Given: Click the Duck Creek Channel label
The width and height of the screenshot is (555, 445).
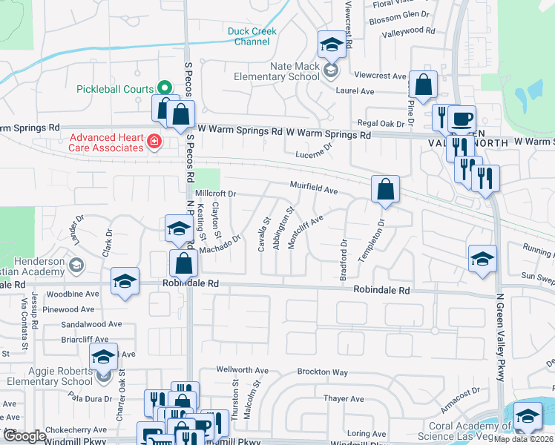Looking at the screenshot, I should (x=249, y=36).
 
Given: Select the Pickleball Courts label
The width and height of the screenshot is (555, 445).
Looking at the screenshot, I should (x=114, y=89).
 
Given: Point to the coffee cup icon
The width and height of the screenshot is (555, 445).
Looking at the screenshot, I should (x=462, y=119).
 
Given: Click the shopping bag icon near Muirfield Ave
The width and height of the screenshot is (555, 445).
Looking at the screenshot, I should (x=386, y=190).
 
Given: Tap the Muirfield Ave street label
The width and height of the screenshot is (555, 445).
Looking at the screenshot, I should (x=314, y=189).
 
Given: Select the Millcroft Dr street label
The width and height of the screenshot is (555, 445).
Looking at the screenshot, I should (x=214, y=194).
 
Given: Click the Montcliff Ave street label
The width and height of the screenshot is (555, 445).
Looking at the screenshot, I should (x=306, y=233).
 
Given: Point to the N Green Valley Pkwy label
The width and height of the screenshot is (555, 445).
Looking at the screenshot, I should (x=499, y=333).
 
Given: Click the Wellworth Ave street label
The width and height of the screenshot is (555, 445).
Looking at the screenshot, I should (x=242, y=370).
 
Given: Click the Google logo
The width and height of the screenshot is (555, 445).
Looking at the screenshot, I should (x=24, y=436).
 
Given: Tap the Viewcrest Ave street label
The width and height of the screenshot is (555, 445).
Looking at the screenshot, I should (x=381, y=76).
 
